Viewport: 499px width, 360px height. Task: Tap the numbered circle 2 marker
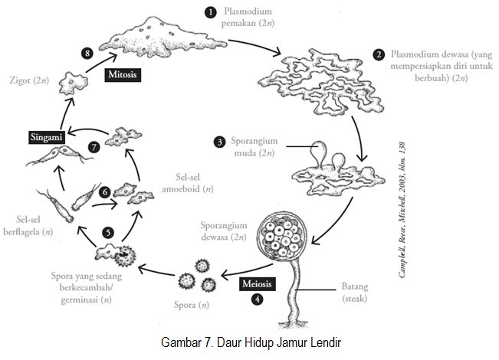click(x=379, y=55)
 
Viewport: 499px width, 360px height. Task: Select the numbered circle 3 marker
click(x=219, y=142)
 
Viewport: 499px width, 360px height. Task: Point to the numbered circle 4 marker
click(x=258, y=299)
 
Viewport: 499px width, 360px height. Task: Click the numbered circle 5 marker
click(x=108, y=231)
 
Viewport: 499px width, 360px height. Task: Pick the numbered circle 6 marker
click(x=105, y=192)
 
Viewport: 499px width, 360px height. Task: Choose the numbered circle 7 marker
click(x=94, y=146)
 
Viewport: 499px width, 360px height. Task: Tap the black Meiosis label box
click(x=258, y=283)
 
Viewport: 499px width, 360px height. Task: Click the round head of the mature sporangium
click(x=284, y=237)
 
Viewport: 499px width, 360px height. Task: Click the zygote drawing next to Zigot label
click(x=75, y=80)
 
